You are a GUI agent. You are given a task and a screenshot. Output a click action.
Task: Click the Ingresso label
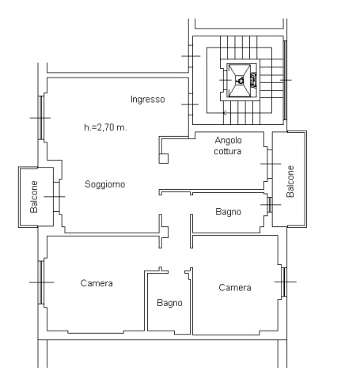pyautogui.click(x=148, y=100)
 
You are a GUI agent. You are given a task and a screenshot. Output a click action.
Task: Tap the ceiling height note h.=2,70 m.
pyautogui.click(x=105, y=127)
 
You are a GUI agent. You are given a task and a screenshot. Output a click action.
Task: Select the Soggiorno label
pyautogui.click(x=105, y=184)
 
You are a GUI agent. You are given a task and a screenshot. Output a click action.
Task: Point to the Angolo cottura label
pyautogui.click(x=228, y=146)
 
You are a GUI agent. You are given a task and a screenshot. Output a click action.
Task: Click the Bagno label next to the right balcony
pyautogui.click(x=229, y=212)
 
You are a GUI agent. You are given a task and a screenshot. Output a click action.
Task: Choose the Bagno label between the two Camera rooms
pyautogui.click(x=169, y=303)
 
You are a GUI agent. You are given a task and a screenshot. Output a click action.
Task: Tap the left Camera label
pyautogui.click(x=97, y=283)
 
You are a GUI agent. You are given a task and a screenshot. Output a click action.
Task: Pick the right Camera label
pyautogui.click(x=235, y=287)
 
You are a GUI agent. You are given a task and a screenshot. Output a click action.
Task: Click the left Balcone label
pyautogui.click(x=34, y=197)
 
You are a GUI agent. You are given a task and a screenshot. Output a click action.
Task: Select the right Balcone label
pyautogui.click(x=290, y=181)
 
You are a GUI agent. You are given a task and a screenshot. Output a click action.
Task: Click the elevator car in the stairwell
pyautogui.click(x=240, y=81)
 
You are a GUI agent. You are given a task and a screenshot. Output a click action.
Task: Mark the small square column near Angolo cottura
pyautogui.click(x=164, y=159)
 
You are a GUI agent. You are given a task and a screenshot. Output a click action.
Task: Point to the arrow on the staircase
pyautogui.click(x=225, y=113)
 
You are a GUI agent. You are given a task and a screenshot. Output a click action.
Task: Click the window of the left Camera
pyautogui.click(x=41, y=282)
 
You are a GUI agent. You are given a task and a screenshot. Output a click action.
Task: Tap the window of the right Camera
pyautogui.click(x=284, y=282)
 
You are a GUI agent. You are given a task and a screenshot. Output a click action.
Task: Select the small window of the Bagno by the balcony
pyautogui.click(x=270, y=205)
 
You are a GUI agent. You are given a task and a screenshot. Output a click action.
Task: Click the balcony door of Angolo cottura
pyautogui.click(x=270, y=164)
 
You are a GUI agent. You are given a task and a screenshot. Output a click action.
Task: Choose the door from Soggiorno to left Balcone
pyautogui.click(x=56, y=197)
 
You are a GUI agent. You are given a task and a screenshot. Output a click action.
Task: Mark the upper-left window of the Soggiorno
pyautogui.click(x=41, y=118)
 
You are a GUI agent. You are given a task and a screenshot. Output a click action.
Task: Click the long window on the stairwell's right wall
pyautogui.click(x=285, y=80)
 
